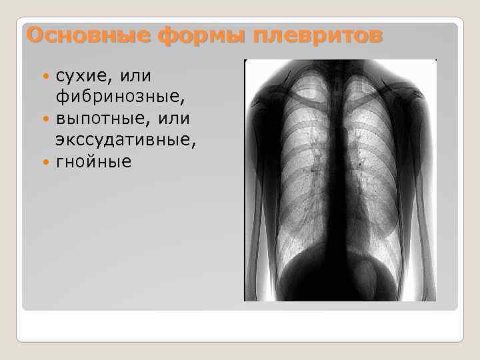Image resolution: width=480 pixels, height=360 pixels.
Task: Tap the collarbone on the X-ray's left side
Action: tap(293, 93)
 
